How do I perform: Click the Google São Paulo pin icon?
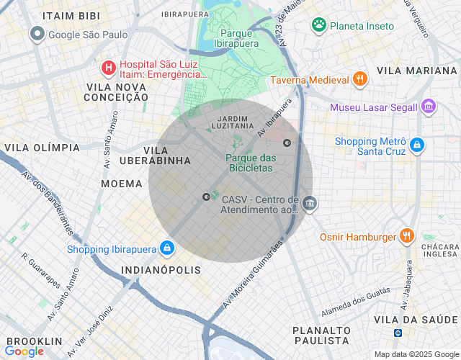point(37,34)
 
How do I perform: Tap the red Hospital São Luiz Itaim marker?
point(108,68)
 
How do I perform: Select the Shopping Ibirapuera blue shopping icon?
point(166,248)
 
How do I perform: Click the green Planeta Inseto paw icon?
point(318,25)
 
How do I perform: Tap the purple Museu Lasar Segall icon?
point(429,107)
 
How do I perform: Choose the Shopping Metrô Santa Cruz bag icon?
point(417,145)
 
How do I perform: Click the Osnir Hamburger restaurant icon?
point(407,236)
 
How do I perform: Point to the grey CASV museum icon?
point(309,204)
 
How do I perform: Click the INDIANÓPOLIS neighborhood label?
point(161,270)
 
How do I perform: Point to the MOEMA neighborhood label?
point(122,184)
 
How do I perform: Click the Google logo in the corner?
point(24,351)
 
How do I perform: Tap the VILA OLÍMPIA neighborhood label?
point(42,148)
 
